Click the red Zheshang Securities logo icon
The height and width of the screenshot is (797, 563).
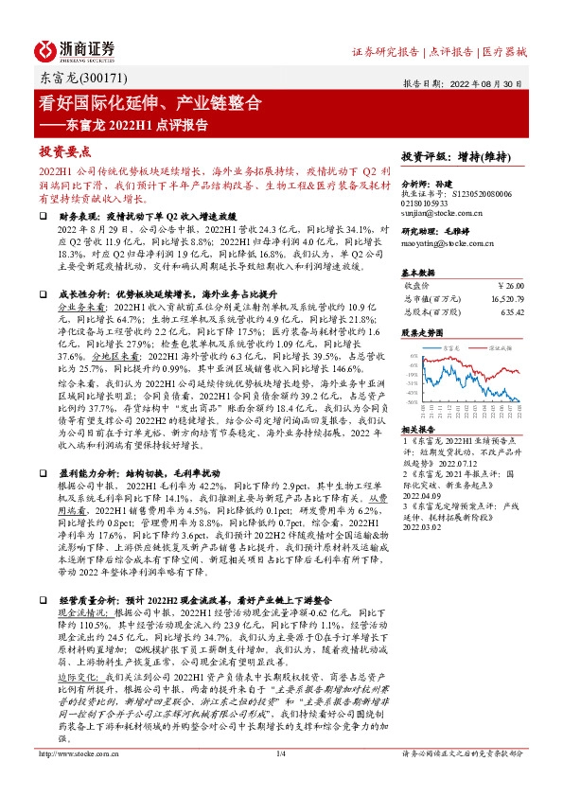[x=46, y=50]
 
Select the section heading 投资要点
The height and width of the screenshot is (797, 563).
[x=63, y=151]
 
